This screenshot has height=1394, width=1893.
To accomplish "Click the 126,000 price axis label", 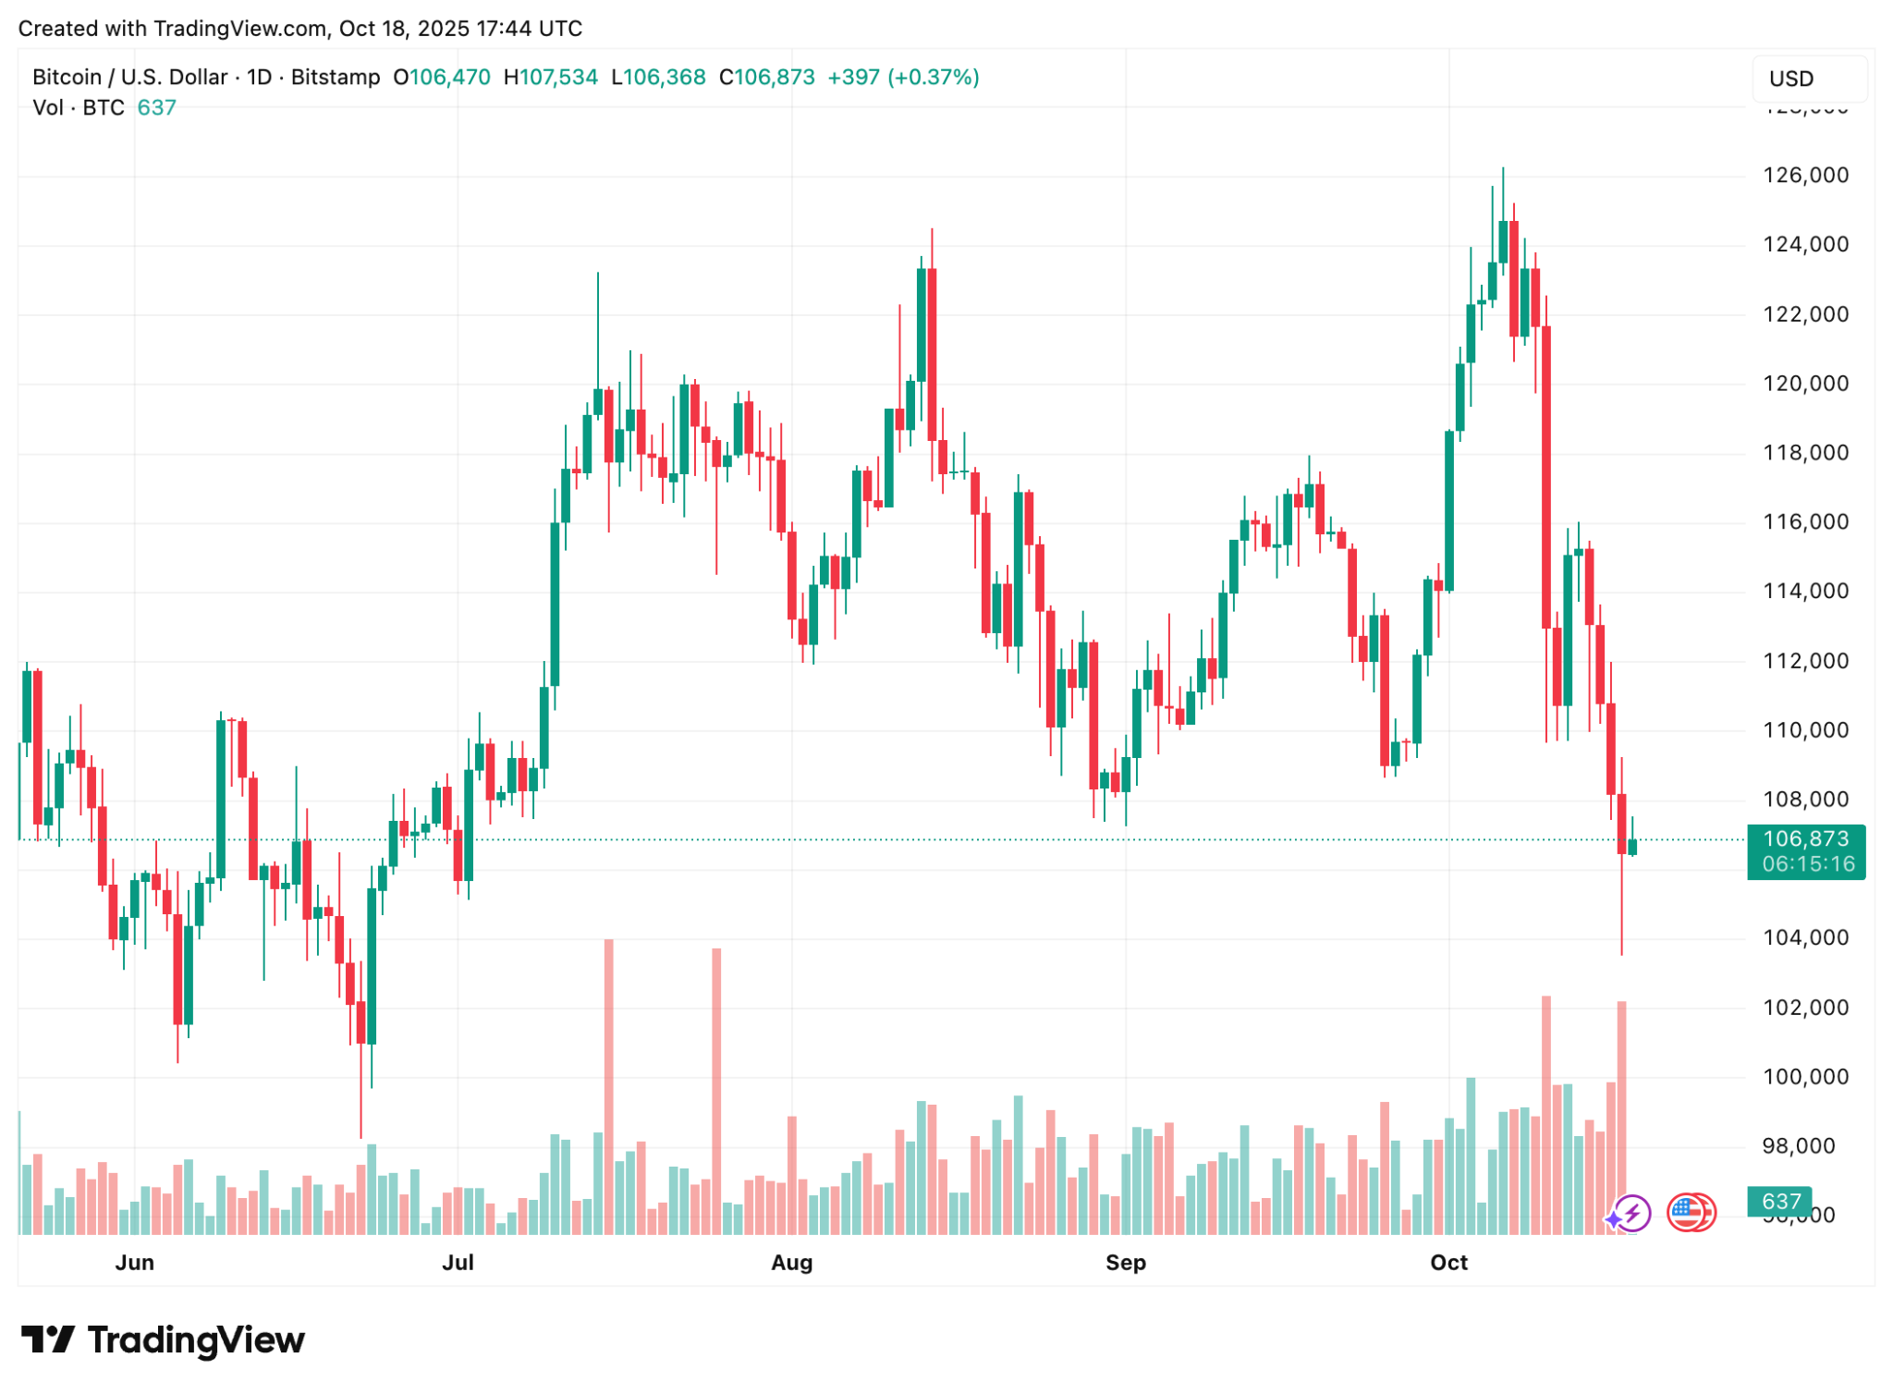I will (x=1805, y=176).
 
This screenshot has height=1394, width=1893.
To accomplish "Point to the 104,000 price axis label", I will (x=1805, y=937).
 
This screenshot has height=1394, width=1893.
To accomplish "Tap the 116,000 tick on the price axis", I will (x=1805, y=522).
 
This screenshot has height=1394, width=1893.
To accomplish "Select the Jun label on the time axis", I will (x=135, y=1263).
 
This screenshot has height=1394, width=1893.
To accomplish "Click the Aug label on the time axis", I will (x=791, y=1263).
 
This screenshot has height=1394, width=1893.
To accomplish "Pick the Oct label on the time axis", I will (x=1448, y=1263).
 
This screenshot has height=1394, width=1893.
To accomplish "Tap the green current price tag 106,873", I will (x=1805, y=839).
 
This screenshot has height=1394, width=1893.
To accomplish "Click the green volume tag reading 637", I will (x=1780, y=1202).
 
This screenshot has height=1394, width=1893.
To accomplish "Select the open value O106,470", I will (x=442, y=78).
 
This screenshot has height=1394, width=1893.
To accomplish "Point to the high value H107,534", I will (x=551, y=78).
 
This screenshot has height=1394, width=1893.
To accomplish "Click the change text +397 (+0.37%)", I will (x=903, y=78).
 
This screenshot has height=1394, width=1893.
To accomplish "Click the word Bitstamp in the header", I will (x=336, y=78).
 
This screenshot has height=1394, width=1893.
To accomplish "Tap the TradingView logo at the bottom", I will (x=163, y=1340).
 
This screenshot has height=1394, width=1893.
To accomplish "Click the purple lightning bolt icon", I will (x=1631, y=1213).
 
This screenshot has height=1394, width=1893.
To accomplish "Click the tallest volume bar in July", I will (x=609, y=1086).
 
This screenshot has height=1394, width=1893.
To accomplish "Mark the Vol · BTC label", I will (x=79, y=108).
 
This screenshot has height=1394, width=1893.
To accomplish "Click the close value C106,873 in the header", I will (x=767, y=78).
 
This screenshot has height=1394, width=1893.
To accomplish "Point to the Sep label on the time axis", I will (x=1125, y=1263).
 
